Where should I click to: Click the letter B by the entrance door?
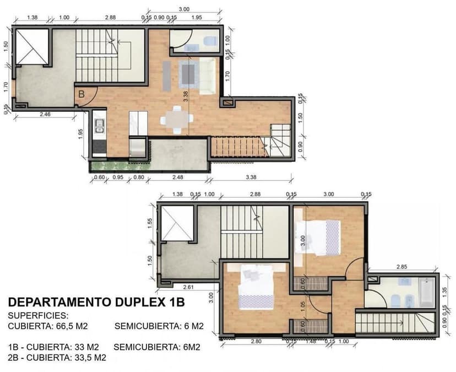pos(82,94)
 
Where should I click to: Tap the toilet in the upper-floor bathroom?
pos(395,300)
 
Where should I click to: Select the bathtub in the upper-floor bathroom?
pos(426,293)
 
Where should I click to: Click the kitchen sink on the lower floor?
pos(100,126)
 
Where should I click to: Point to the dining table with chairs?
pos(177,120)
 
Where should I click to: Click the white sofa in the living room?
pos(208,76)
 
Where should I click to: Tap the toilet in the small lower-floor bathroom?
pos(209,41)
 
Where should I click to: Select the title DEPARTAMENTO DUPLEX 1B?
pos(96,302)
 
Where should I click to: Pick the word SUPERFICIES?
pos(38,316)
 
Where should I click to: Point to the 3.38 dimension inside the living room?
pos(186,96)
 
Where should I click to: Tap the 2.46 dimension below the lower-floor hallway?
pos(45,114)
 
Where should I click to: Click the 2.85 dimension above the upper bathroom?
pos(401,266)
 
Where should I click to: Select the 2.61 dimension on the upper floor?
pos(189,287)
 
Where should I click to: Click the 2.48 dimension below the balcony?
pos(178,177)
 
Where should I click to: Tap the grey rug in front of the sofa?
pos(188,74)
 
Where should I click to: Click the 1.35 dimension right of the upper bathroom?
pos(444,292)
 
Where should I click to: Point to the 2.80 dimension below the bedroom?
pos(256,342)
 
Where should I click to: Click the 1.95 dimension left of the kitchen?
pos(81,133)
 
